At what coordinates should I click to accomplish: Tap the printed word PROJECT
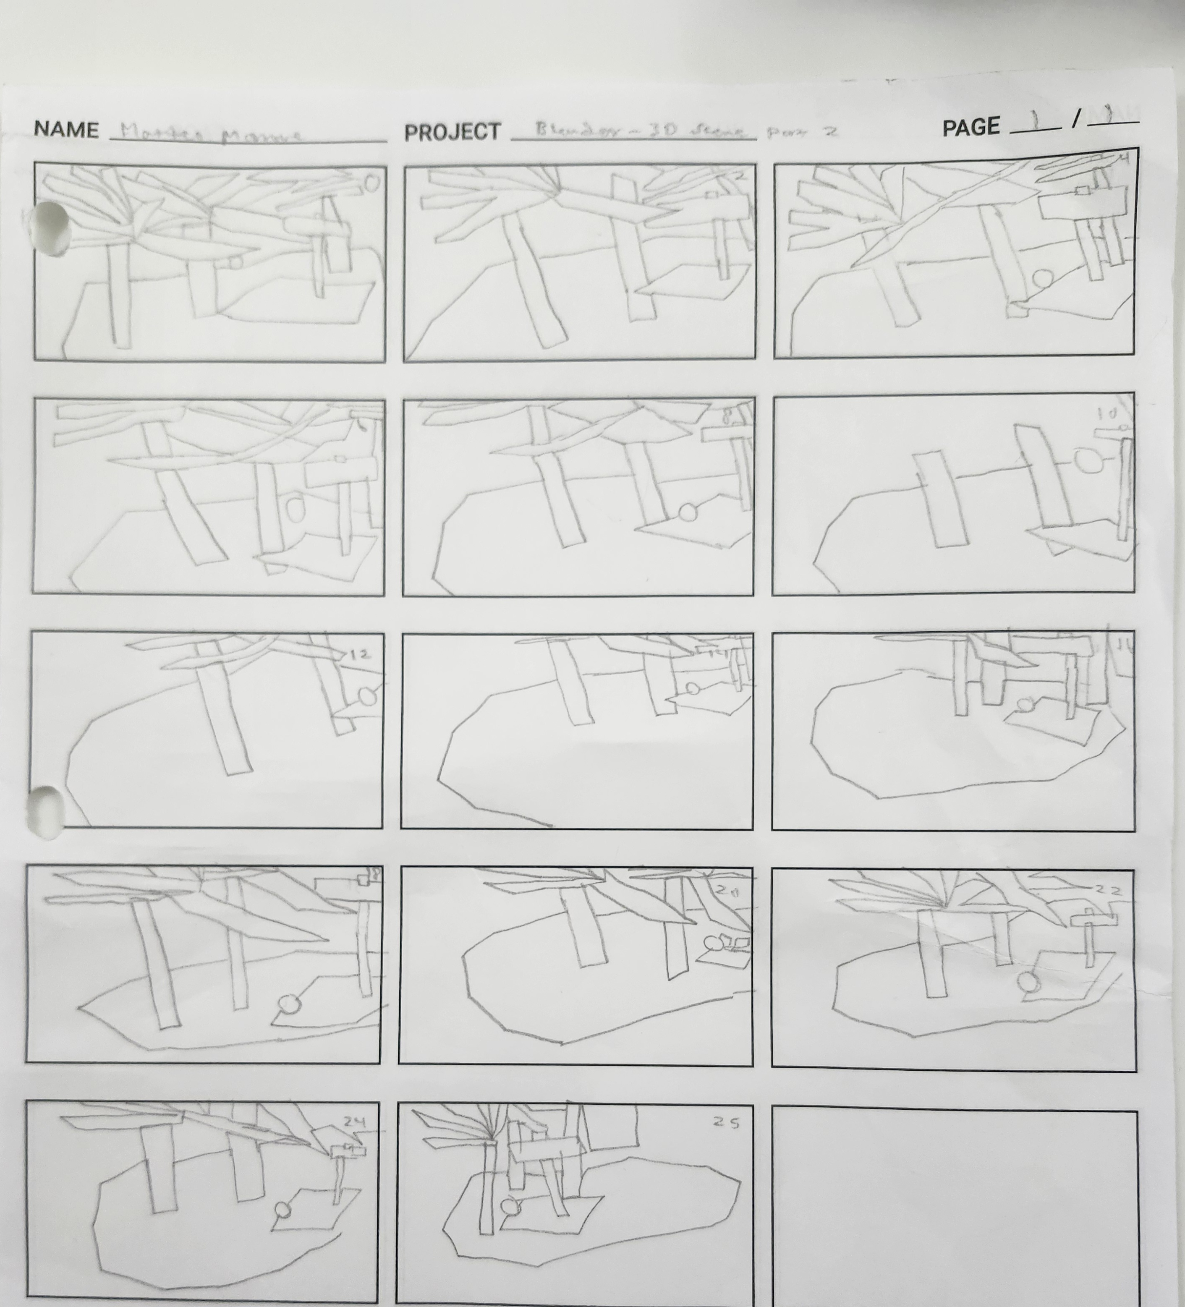[453, 132]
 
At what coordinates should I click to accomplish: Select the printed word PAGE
[970, 127]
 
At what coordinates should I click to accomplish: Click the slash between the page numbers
[1076, 119]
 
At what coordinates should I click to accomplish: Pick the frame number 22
[1107, 890]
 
